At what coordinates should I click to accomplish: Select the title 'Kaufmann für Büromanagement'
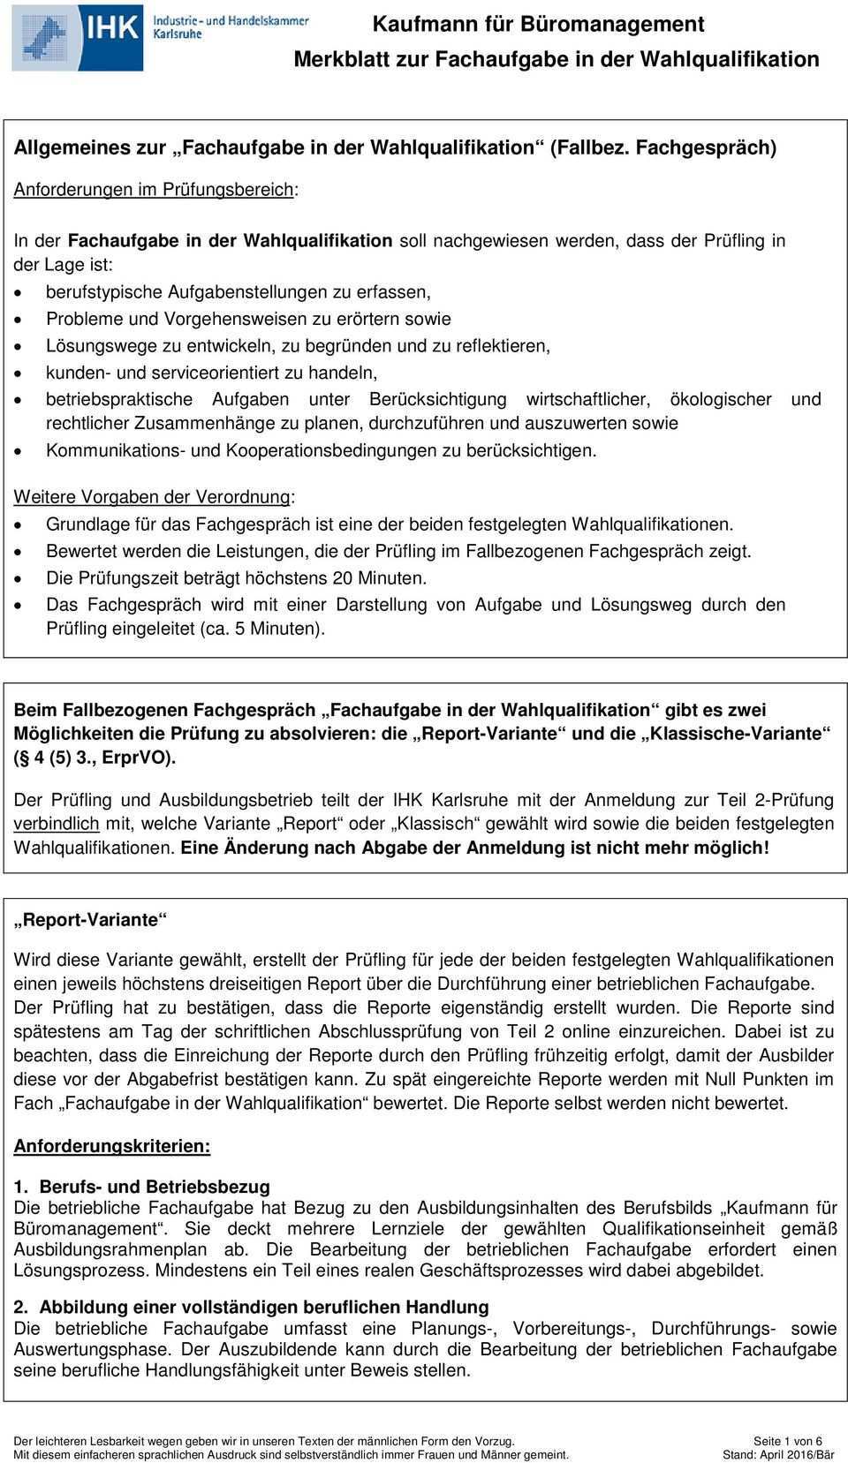pos(538,25)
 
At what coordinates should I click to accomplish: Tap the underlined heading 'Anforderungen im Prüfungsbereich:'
pos(155,190)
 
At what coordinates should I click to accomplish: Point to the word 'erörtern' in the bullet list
pos(342,319)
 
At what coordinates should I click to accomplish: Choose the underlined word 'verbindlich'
pos(57,824)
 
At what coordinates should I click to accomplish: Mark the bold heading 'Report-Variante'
pos(90,920)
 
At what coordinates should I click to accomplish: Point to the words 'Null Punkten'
pos(755,1079)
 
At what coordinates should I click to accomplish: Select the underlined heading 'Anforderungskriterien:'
pos(112,1147)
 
